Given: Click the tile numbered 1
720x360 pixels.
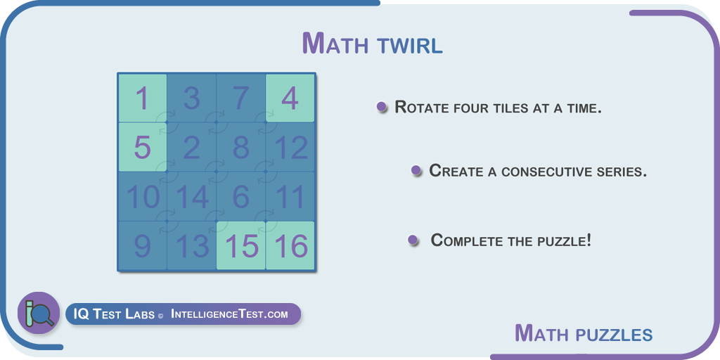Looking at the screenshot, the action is pos(143,98).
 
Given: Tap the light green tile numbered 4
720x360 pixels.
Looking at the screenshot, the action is pos(290,98).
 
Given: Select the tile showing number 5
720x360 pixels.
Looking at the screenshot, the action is pos(143,147).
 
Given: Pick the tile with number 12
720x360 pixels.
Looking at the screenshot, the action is pos(290,147).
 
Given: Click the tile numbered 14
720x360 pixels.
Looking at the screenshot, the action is pos(192,196).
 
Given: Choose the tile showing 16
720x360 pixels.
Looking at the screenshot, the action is pos(290,245).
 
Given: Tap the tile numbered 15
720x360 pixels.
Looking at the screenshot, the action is pos(241,245).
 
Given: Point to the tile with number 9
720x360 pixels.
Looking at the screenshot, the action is pos(143,245).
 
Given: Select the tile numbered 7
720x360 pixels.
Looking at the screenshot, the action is pos(241,98).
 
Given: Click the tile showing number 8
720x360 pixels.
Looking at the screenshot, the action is pos(241,147).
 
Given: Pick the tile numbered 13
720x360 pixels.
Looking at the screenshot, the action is pos(192,245).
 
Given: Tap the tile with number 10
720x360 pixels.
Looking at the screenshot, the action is pos(143,196).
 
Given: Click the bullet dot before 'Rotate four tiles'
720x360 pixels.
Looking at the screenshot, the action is pos(381,107).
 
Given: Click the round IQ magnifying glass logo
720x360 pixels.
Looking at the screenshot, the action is pos(39,313).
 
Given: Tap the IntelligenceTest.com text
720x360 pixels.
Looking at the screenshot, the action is pos(230,314).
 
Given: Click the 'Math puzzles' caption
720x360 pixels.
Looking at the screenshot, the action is pos(584,333).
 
